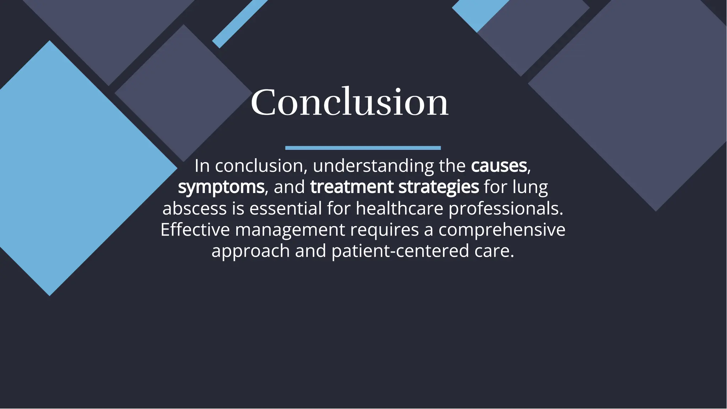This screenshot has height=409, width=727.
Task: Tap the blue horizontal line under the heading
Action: coord(363,148)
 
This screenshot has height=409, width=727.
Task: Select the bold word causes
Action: coord(499,166)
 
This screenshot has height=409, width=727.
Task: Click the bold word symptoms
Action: coord(221,187)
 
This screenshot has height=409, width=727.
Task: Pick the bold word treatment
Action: coord(352,187)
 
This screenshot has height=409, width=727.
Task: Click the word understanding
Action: coord(373,166)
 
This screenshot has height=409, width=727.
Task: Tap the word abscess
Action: coord(194,208)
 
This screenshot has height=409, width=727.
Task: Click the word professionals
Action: coord(505,208)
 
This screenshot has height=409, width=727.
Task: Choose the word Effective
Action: coord(195,230)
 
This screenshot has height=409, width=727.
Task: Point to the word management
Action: coord(290,230)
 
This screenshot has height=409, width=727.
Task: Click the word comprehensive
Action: coord(502,230)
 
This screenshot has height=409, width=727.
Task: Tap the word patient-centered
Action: coord(400,251)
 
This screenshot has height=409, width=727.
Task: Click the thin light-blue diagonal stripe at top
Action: coord(240,23)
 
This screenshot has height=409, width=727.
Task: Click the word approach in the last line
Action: coord(251,252)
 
